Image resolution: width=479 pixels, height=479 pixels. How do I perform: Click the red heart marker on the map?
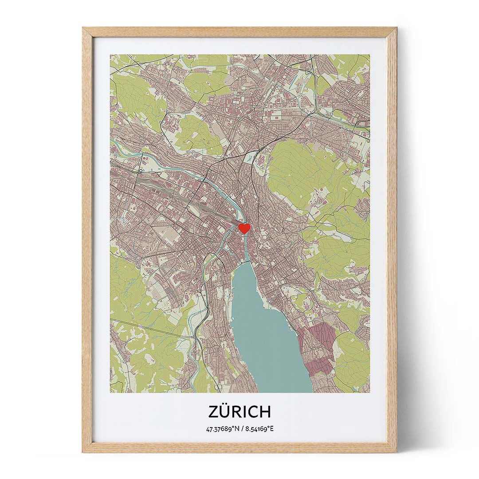pos(244,228)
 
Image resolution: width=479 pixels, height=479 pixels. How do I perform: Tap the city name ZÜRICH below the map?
pos(239,412)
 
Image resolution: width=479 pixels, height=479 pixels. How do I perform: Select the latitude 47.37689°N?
pos(224,429)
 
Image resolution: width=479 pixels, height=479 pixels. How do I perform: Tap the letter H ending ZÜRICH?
pos(264,412)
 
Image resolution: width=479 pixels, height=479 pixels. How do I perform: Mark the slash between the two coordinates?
pos(243,429)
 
